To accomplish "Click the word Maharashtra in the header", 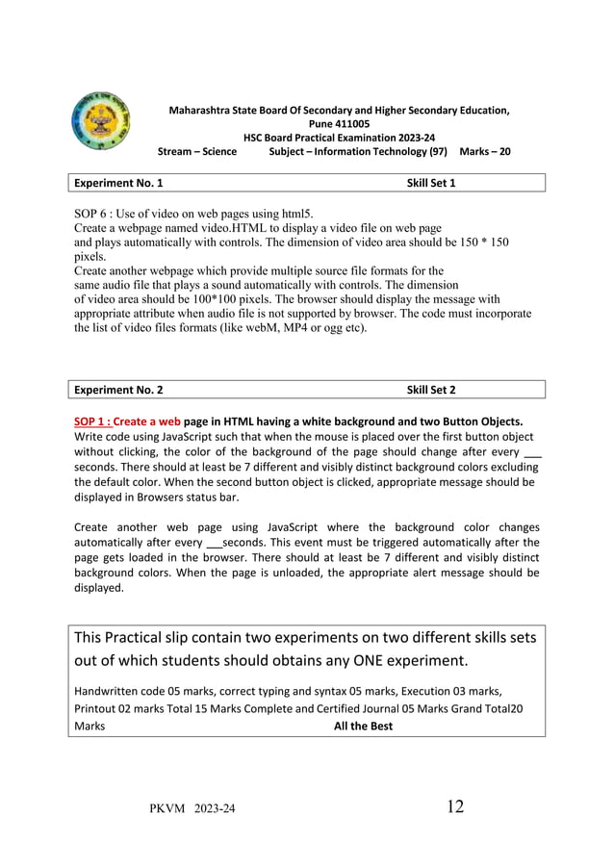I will pyautogui.click(x=200, y=111).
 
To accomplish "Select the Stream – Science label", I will pyautogui.click(x=197, y=151).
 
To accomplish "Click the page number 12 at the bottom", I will pyautogui.click(x=454, y=806).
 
